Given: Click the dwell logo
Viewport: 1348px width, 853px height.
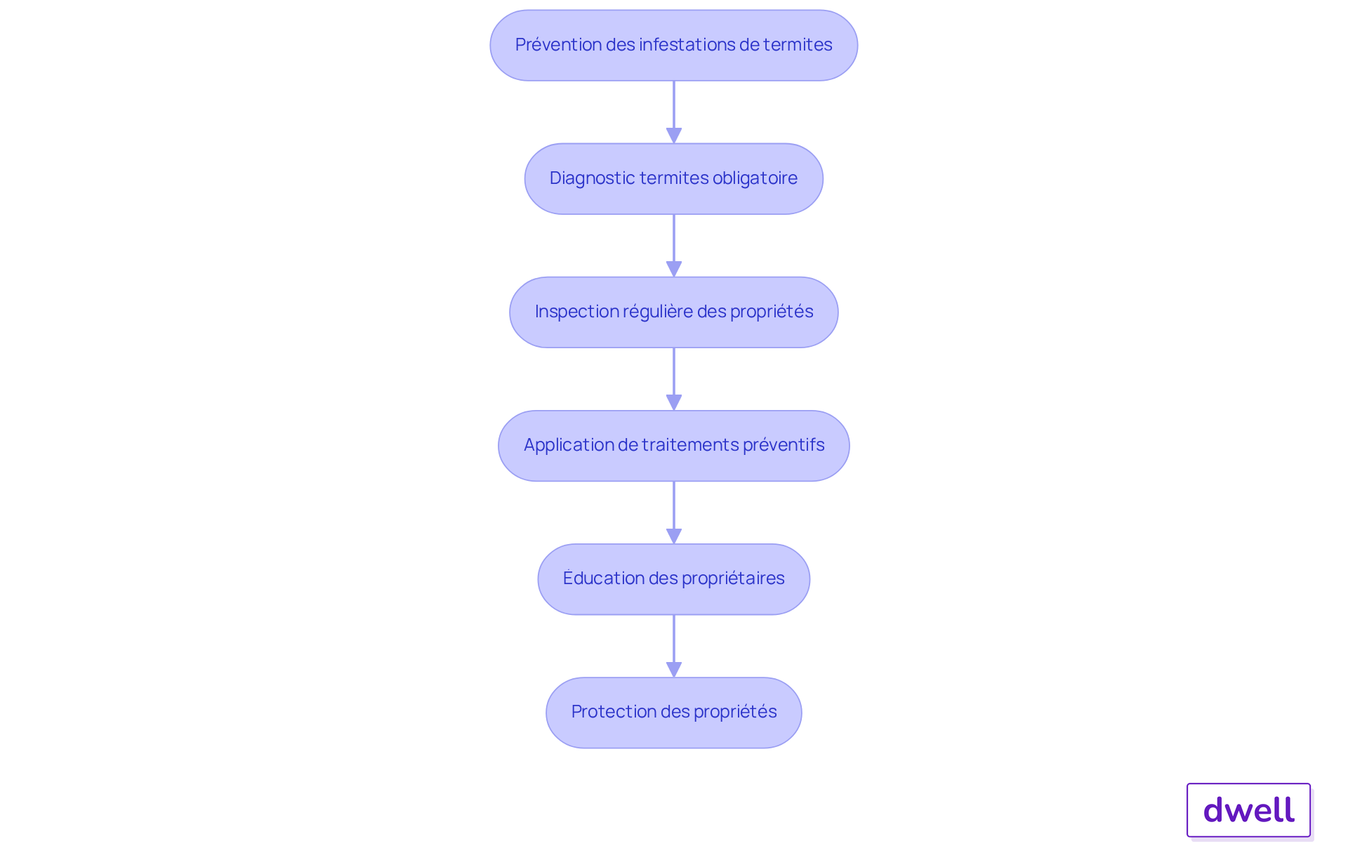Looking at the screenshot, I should [x=1248, y=810].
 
